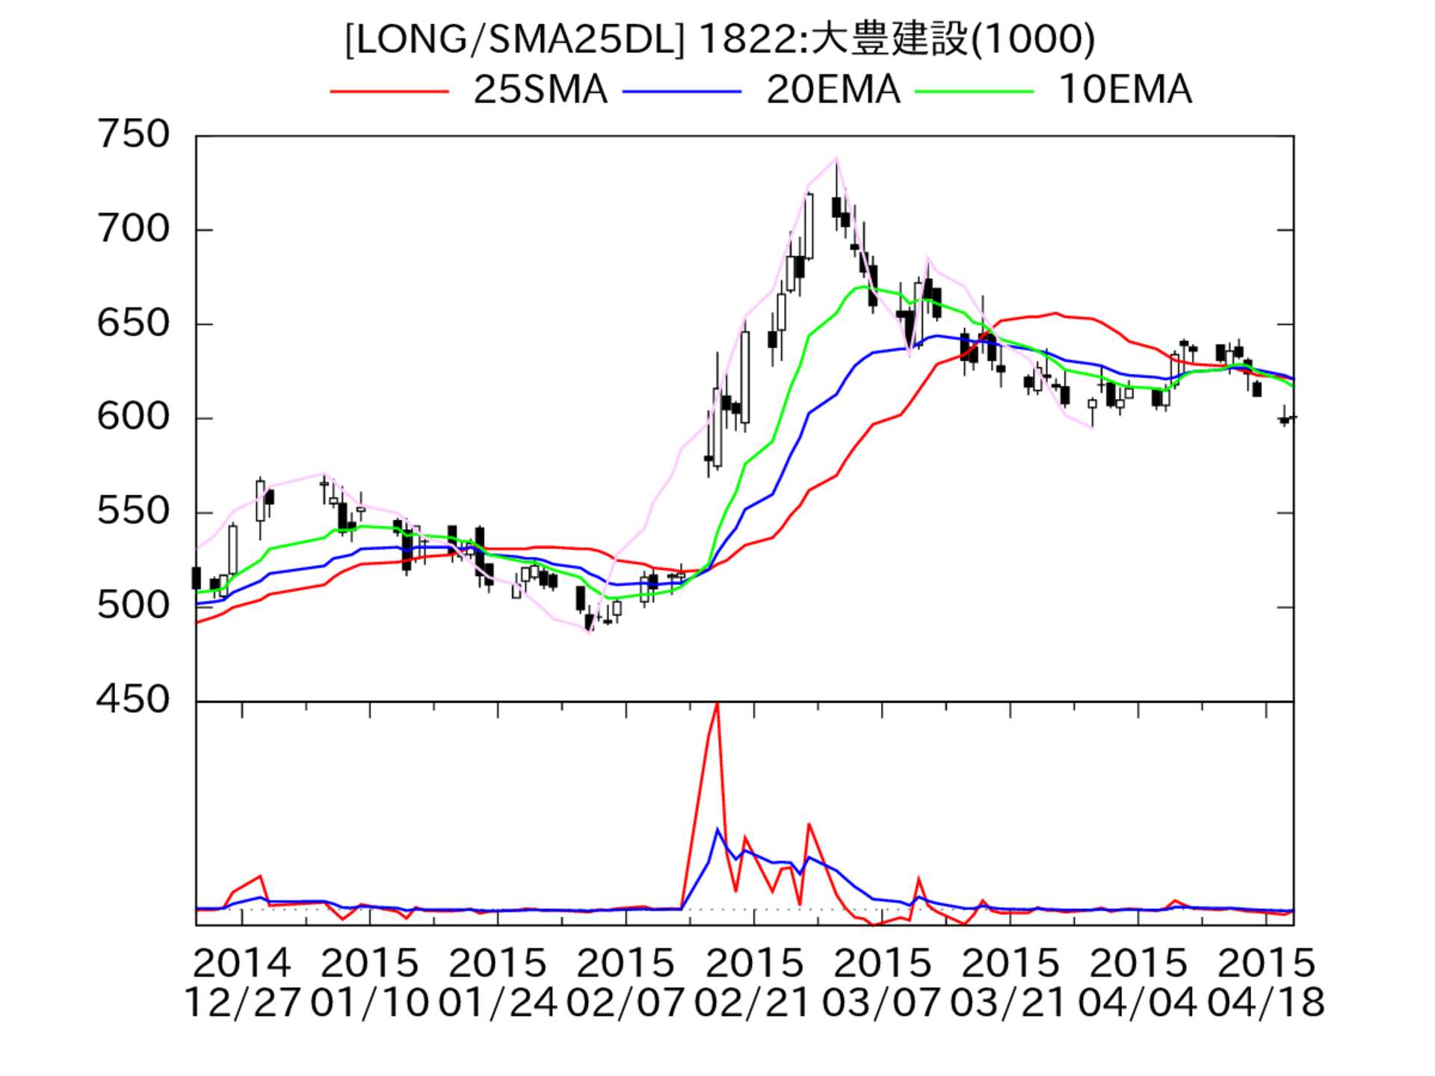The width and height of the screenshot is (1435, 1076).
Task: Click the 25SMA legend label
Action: [x=540, y=90]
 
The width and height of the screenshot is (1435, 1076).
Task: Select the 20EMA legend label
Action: [x=833, y=90]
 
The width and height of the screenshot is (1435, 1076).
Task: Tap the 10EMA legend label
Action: [x=1125, y=90]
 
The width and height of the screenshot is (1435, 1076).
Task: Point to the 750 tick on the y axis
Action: [x=134, y=135]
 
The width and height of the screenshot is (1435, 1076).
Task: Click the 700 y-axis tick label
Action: [x=134, y=229]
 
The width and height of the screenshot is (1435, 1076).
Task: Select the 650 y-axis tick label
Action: [x=134, y=324]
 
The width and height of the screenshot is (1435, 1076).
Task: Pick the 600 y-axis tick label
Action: [x=134, y=417]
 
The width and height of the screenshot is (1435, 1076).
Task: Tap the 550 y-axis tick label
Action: [x=134, y=512]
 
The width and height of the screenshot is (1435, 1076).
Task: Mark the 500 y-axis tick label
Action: [x=134, y=605]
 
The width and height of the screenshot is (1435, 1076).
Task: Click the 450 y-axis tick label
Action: [x=134, y=700]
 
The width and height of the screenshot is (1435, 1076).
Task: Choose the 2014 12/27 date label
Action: [x=241, y=983]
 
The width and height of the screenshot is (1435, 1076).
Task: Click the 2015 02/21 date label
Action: [x=753, y=983]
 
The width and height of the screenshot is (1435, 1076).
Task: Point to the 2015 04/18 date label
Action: [x=1266, y=983]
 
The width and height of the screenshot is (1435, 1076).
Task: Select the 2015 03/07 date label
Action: [x=881, y=983]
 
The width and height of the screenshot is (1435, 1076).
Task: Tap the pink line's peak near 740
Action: [x=836, y=158]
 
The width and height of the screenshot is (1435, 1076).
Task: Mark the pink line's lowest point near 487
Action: [x=590, y=632]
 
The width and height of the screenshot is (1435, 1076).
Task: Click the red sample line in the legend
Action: [x=389, y=91]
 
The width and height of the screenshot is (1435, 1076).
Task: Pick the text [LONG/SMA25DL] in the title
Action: [x=515, y=40]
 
